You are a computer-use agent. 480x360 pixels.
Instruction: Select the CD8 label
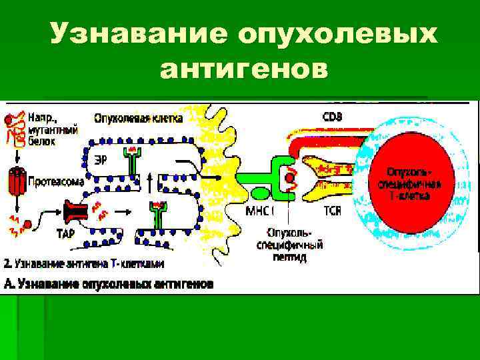tap(333, 117)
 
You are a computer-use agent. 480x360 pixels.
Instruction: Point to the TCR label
tap(333, 211)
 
